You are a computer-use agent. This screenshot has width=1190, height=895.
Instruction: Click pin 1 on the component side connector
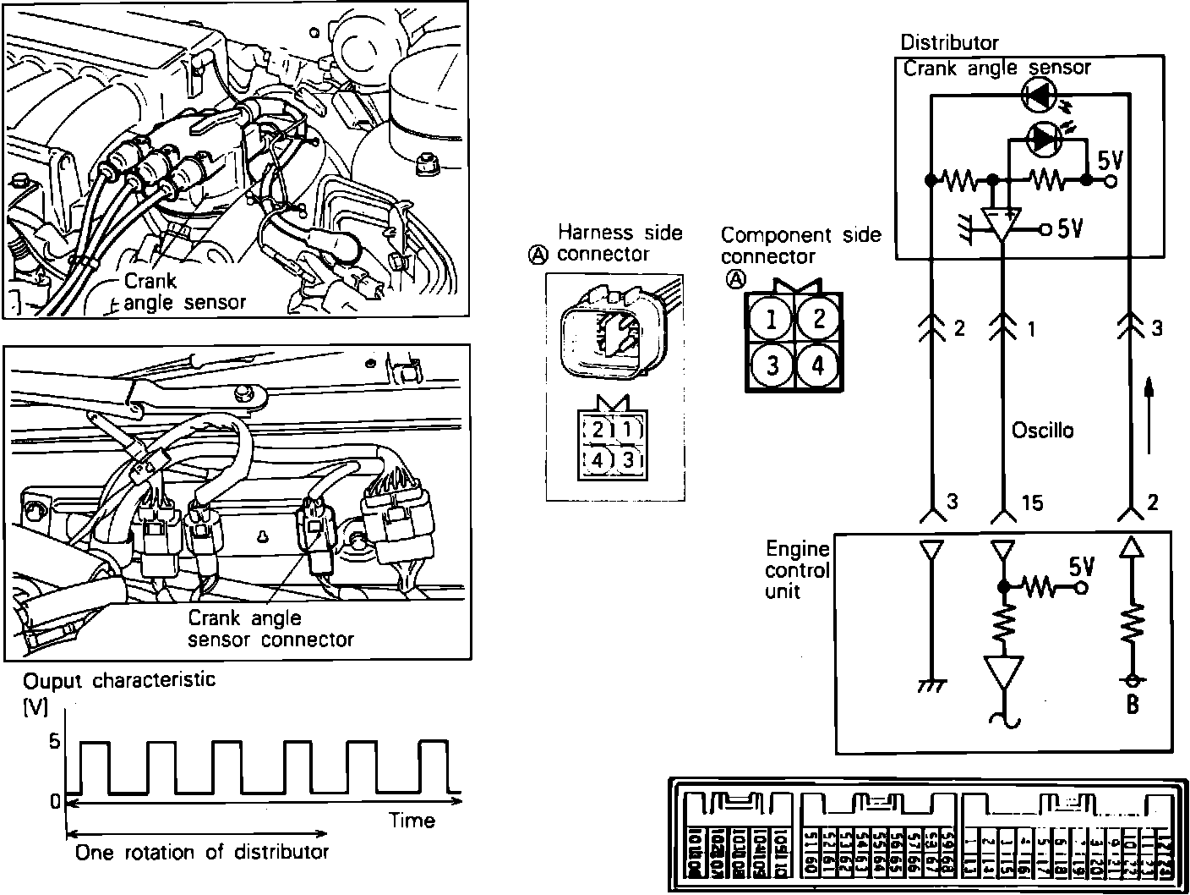point(771,320)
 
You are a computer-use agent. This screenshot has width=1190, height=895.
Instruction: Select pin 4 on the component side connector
point(818,365)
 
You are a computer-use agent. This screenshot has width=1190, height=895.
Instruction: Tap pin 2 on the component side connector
point(818,320)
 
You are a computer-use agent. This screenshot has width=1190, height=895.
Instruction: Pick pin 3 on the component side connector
point(771,365)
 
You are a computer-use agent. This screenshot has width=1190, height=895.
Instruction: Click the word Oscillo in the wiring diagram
point(1043,431)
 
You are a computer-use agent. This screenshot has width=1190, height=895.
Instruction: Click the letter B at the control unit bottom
point(1133,703)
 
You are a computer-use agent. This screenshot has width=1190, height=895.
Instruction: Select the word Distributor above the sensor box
point(949,42)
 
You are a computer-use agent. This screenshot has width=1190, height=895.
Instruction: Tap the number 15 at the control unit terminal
point(1032,503)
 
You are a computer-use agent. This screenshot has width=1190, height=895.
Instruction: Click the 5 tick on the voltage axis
point(55,743)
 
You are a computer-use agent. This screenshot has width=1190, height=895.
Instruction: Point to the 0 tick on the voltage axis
point(55,799)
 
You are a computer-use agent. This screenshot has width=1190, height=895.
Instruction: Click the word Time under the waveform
point(412,820)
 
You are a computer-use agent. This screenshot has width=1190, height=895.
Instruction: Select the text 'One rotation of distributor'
point(202,852)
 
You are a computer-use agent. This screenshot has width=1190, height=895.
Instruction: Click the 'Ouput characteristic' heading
point(119,680)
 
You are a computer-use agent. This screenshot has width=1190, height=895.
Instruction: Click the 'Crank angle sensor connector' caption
point(270,629)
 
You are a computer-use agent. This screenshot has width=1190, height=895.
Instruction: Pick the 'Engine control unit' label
point(796,569)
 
